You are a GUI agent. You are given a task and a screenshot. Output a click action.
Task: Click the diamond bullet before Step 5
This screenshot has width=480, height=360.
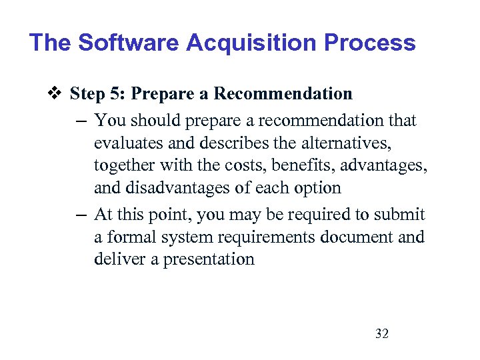57,94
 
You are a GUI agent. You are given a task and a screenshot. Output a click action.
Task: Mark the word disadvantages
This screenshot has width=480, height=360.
175,188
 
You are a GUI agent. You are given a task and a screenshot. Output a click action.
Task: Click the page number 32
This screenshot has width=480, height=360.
382,333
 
